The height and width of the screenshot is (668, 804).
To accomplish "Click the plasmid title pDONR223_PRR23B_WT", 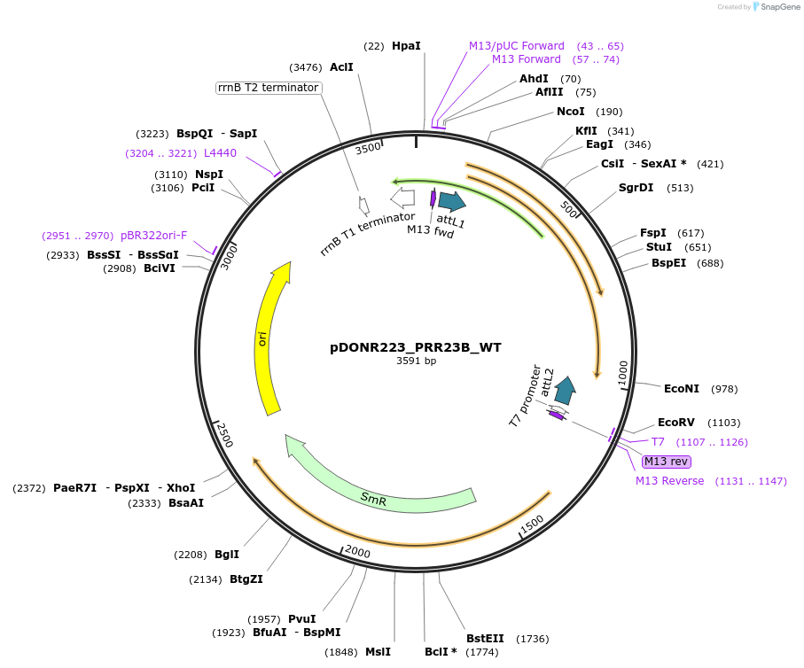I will click(416, 347).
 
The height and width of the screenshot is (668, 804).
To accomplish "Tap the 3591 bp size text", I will click(416, 361).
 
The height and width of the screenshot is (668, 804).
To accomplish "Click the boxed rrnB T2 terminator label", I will click(269, 88).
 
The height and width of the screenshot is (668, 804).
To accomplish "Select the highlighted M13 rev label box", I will click(666, 462).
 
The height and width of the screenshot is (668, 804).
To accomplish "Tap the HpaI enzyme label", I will click(406, 45).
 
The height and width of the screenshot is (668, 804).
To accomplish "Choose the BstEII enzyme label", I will click(485, 638).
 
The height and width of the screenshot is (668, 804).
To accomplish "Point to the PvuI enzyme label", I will click(301, 618).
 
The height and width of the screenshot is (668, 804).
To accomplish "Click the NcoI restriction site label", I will click(570, 112).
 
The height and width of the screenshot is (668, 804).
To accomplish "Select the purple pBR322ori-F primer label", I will click(153, 236).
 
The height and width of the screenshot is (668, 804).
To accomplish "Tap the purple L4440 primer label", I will click(220, 153).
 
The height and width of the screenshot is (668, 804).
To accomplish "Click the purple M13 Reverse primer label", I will click(669, 481).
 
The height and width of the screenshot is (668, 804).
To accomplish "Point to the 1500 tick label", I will click(532, 525).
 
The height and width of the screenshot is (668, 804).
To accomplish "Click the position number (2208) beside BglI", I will click(190, 555).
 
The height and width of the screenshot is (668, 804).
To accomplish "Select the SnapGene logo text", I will click(777, 7).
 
